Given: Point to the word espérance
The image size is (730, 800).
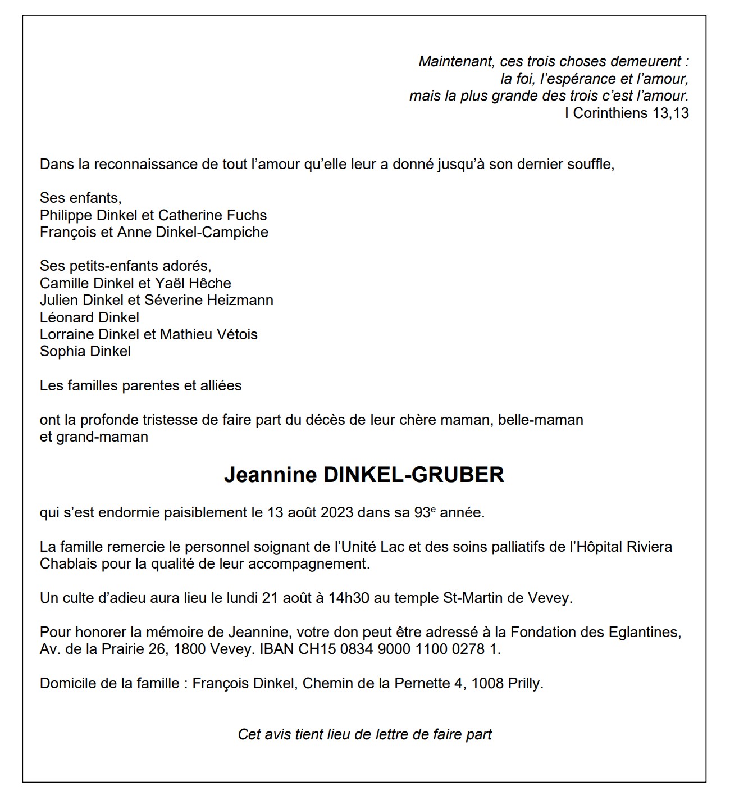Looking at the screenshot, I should [x=578, y=79].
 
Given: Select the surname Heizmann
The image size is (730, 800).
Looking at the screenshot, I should [x=240, y=300].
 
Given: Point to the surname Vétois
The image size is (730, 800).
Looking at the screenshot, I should [x=237, y=334].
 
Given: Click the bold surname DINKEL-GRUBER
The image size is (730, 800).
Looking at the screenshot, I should [x=414, y=475].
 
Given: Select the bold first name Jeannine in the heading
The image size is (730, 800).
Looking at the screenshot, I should [x=270, y=475].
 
